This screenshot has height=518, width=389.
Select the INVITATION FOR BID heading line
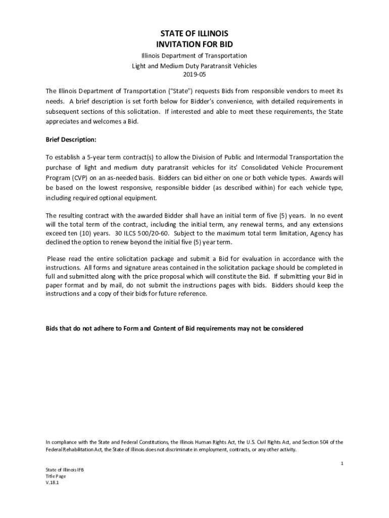[194, 44]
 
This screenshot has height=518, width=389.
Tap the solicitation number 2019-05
[194, 75]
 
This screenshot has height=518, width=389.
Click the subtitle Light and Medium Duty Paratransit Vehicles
[194, 66]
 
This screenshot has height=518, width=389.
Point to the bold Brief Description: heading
[71, 139]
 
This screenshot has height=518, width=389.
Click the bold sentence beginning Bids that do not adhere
[174, 328]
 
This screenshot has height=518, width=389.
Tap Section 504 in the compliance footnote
[322, 442]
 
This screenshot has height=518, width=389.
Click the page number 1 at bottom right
[342, 463]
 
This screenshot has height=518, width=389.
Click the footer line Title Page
[56, 476]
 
